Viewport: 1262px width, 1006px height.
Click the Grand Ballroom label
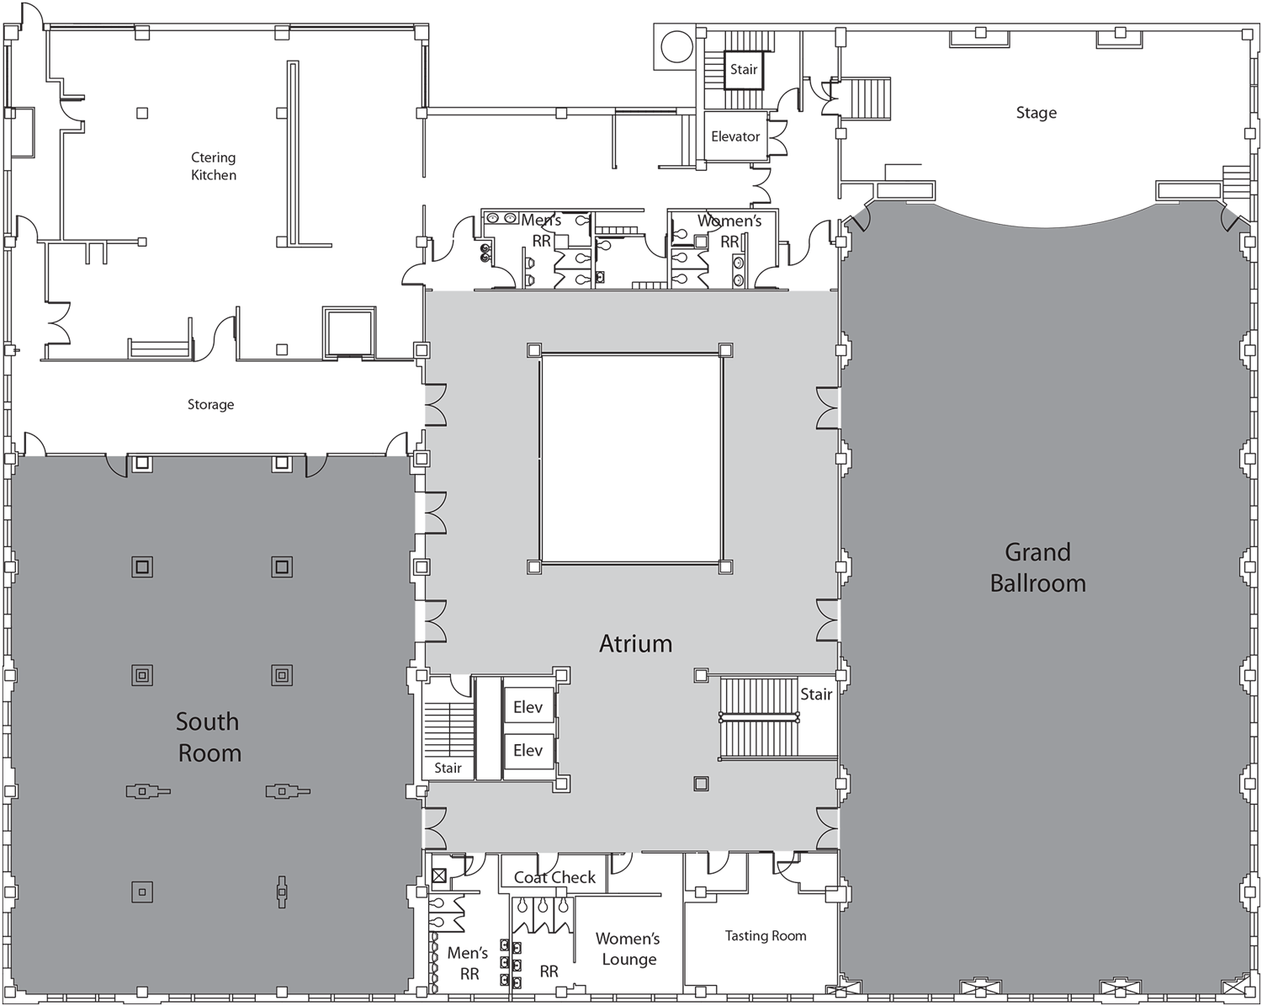(x=1037, y=567)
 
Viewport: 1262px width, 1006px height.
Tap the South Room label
(x=209, y=737)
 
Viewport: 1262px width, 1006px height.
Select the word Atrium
(x=635, y=644)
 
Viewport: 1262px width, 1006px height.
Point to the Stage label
(x=1036, y=113)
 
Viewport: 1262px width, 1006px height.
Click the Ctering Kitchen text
(x=213, y=166)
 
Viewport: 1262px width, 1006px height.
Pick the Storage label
(x=210, y=405)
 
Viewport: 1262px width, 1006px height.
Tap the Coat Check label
(x=554, y=877)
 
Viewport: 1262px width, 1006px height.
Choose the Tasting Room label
(x=766, y=935)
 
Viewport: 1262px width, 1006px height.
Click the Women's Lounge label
(x=628, y=949)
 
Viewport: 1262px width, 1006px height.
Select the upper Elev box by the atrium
(x=528, y=707)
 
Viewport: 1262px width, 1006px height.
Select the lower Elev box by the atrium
(x=528, y=750)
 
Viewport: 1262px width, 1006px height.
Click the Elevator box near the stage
(x=735, y=136)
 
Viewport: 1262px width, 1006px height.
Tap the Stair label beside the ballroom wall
(x=816, y=694)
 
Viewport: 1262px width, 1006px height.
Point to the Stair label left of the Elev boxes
(x=448, y=768)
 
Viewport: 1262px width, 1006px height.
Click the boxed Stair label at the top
(x=743, y=70)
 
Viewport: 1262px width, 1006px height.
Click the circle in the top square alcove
(x=676, y=47)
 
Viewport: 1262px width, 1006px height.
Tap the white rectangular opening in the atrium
(x=630, y=458)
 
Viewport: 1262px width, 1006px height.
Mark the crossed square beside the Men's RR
(x=437, y=876)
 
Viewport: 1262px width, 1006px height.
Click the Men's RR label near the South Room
(x=468, y=963)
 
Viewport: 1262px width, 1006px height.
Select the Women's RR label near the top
(x=729, y=231)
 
